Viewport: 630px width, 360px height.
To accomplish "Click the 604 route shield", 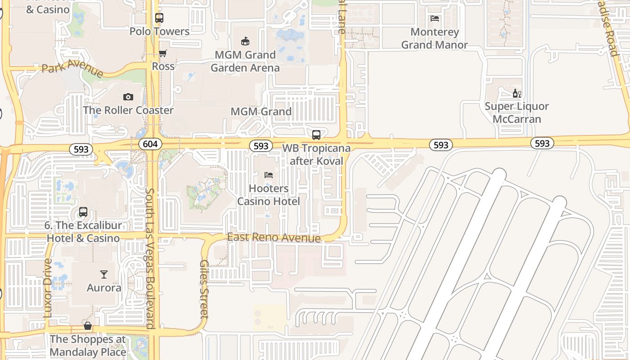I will [x=148, y=144].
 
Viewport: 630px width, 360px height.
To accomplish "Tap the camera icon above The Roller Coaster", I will [x=128, y=97].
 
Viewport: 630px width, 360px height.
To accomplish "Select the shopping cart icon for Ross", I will [x=163, y=54].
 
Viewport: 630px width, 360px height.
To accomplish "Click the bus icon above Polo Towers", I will [x=159, y=18].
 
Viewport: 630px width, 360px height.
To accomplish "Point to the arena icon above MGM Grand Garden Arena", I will [x=245, y=41].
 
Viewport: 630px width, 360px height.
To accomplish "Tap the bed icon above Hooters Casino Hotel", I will [x=269, y=175].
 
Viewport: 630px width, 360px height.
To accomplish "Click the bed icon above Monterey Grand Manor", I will [x=435, y=18].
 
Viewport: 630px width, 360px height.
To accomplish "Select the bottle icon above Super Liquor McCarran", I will [x=517, y=94].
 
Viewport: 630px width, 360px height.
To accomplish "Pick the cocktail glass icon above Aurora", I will [x=104, y=274].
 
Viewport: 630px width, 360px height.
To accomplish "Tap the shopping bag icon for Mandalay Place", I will [x=88, y=325].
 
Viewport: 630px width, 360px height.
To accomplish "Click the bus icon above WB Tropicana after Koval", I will [x=316, y=135].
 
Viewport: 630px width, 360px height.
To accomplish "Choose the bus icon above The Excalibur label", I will [x=83, y=212].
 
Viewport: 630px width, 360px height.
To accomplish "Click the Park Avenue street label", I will [x=72, y=68].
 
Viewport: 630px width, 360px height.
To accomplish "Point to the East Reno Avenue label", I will [x=274, y=238].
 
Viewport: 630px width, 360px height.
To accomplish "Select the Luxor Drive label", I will [x=48, y=288].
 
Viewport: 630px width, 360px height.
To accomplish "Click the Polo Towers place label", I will [x=159, y=31].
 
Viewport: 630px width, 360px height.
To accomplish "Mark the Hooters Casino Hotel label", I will [x=269, y=195].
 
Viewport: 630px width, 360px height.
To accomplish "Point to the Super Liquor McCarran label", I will [x=517, y=113].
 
